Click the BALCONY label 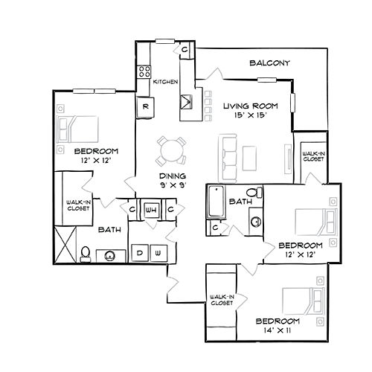pyautogui.click(x=269, y=62)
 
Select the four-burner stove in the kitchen pyautogui.click(x=144, y=72)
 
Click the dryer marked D pyautogui.click(x=140, y=253)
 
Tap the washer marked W pyautogui.click(x=158, y=253)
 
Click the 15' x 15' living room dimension pyautogui.click(x=245, y=115)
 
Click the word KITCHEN pyautogui.click(x=166, y=81)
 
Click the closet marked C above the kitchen pyautogui.click(x=185, y=49)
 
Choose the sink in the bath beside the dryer pyautogui.click(x=110, y=255)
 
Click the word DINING pyautogui.click(x=172, y=175)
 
